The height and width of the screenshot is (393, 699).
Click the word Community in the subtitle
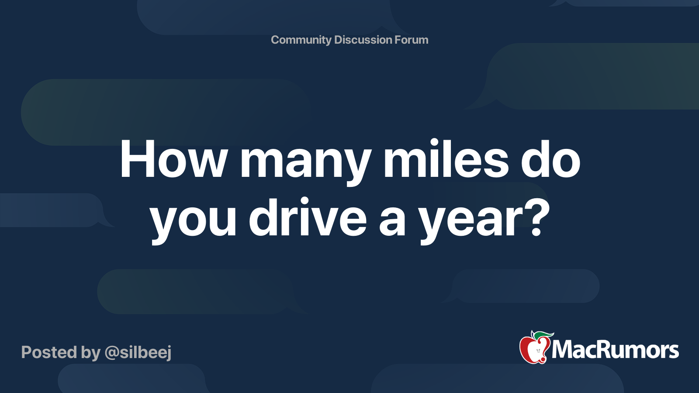(301, 40)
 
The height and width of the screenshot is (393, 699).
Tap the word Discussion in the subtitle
(363, 40)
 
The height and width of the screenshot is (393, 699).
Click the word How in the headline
(173, 159)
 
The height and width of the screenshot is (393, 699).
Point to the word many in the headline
(306, 164)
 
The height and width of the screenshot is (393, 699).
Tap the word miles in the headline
(446, 159)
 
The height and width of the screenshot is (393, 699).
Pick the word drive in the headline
(308, 217)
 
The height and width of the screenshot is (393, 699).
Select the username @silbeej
(138, 353)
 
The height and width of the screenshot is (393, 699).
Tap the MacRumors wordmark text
(615, 350)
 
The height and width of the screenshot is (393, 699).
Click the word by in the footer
(91, 353)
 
